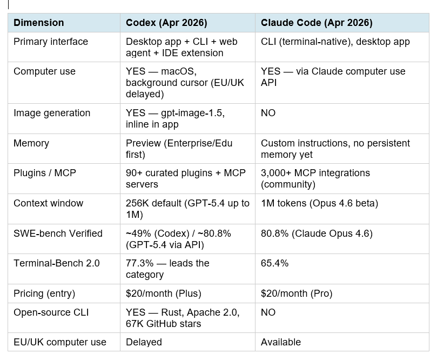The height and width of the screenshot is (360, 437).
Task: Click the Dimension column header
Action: coord(38,23)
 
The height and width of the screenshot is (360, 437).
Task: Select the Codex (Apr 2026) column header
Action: coord(166,23)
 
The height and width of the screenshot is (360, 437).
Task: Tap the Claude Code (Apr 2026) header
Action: coord(317,23)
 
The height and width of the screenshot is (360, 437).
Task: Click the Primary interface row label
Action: coord(51,42)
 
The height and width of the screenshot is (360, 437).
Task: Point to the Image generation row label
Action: coord(52,113)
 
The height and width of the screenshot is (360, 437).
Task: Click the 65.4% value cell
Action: coord(274,263)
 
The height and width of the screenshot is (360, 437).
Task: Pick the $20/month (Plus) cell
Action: coord(163,294)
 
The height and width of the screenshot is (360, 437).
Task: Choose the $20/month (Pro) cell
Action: coord(297,294)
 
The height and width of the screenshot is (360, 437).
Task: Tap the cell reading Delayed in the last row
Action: coord(144,342)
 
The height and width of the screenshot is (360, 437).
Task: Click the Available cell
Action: coord(281,342)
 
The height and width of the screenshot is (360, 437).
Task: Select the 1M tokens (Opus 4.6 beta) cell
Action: coord(319,203)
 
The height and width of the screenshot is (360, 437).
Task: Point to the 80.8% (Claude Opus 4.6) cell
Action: coord(317,234)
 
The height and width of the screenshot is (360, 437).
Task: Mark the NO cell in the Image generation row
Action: coord(268,113)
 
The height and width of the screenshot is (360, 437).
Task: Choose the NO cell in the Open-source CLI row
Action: coord(268,312)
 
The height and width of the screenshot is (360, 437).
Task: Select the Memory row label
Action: coord(31,143)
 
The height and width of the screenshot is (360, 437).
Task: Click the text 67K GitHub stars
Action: coord(163,324)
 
